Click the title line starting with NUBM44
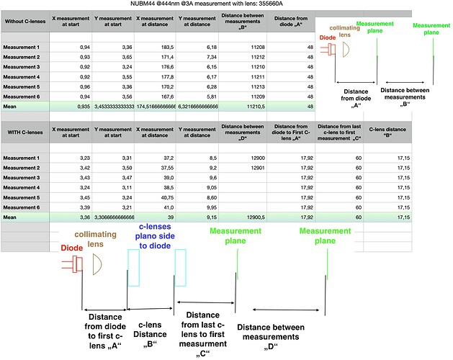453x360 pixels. click(x=226, y=6)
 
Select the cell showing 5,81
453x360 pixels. click(x=196, y=95)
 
